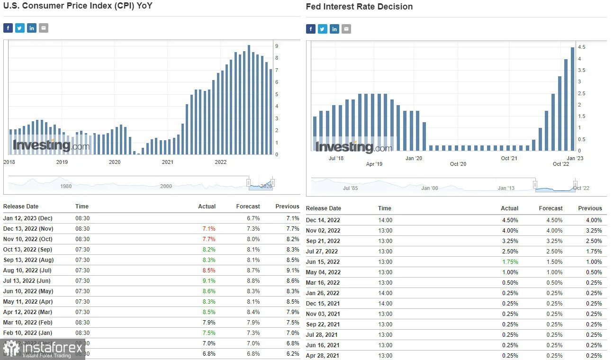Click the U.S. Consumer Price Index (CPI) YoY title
point(78,6)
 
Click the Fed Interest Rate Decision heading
point(359,7)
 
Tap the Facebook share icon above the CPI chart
point(8,28)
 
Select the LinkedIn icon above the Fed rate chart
point(334,29)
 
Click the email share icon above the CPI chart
point(44,28)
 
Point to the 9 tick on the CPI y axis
point(277,46)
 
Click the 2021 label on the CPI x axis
point(168,162)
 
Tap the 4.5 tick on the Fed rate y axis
point(582,47)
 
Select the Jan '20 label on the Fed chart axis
point(414,158)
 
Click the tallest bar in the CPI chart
point(249,99)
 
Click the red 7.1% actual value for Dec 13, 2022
point(209,229)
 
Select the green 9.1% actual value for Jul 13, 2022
point(209,281)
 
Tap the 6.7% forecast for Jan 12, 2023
point(253,218)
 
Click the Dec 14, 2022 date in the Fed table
point(323,220)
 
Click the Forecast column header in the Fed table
point(551,208)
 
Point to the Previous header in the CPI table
point(287,207)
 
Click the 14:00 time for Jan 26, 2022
point(385,293)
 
